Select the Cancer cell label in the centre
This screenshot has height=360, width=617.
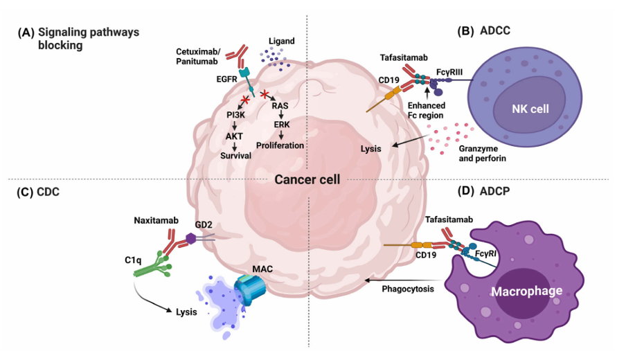click(x=307, y=179)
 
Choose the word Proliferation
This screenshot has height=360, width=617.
click(x=280, y=145)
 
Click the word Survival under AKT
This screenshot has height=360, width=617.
click(x=235, y=155)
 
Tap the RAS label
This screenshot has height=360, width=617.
click(x=280, y=106)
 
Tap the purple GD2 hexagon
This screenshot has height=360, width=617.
click(x=192, y=239)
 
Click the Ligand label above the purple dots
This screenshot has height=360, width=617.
click(x=280, y=41)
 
